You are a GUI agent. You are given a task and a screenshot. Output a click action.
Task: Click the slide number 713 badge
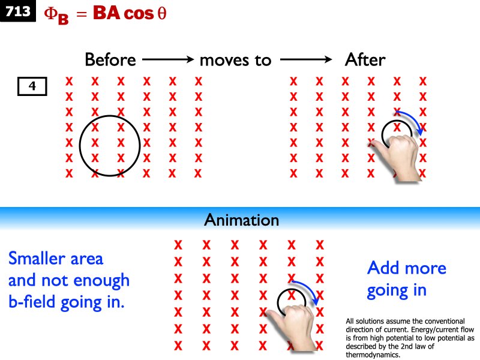[x=18, y=11]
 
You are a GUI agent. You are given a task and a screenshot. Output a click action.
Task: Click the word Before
[x=110, y=60]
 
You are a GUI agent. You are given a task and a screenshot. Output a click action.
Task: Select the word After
[x=365, y=60]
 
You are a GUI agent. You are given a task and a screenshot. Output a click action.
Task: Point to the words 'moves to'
[x=235, y=61]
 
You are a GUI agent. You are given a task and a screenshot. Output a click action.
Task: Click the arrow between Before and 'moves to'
[x=167, y=60]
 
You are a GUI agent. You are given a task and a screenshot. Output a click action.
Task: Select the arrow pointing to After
[x=306, y=60]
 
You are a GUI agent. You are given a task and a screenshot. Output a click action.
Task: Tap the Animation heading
[x=241, y=220]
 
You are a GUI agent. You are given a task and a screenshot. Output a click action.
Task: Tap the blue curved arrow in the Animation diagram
[x=310, y=287]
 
